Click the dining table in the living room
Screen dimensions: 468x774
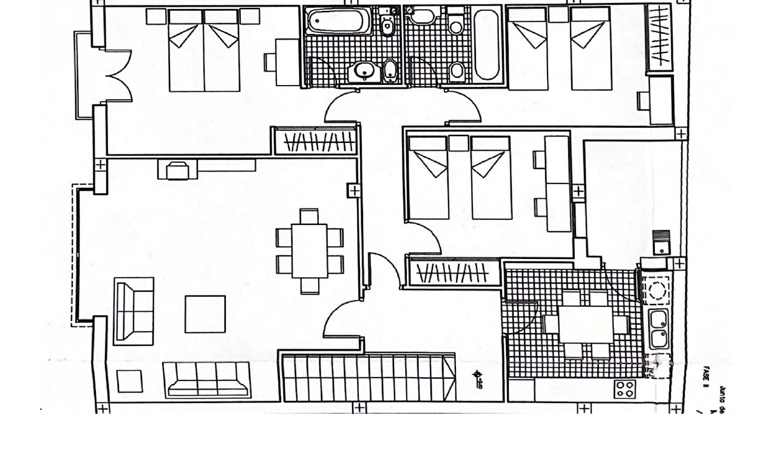(310, 251)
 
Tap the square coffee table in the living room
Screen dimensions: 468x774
(205, 314)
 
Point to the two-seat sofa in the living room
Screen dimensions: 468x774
(134, 311)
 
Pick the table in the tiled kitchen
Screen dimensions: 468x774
(586, 324)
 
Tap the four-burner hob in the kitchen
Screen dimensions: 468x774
(625, 389)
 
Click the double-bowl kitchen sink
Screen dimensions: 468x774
(658, 329)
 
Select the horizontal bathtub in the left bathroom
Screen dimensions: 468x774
(334, 22)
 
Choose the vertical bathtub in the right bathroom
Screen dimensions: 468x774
(487, 44)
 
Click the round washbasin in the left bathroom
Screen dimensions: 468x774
(364, 72)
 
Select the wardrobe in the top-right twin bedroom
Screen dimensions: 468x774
(659, 36)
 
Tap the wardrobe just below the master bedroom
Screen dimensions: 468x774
(314, 142)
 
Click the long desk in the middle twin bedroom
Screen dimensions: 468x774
(557, 184)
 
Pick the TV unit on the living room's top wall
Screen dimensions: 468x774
(206, 169)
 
